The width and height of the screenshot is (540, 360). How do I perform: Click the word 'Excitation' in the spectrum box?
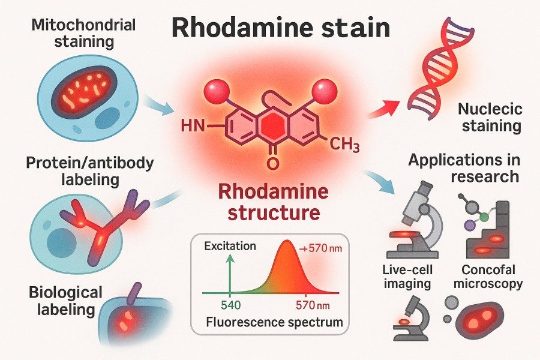point(229,246)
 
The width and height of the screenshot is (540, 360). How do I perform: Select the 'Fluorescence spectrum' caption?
point(274,322)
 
